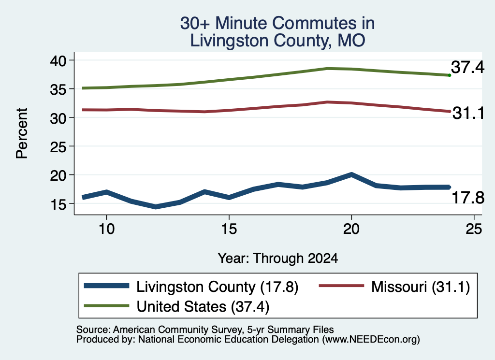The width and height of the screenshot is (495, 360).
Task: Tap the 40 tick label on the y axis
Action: [x=58, y=60]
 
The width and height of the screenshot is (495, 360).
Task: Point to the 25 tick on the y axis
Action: [x=72, y=146]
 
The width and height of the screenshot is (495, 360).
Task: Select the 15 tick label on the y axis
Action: [x=58, y=204]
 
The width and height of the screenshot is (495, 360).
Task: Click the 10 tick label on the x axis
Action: [x=107, y=229]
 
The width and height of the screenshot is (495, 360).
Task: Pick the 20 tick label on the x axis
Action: [x=351, y=229]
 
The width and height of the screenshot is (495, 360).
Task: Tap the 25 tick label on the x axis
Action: [x=474, y=229]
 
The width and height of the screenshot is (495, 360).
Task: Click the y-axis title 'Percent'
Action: [x=22, y=133]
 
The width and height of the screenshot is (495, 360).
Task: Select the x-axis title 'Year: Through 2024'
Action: [x=278, y=258]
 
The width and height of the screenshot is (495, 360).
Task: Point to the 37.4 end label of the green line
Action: [x=467, y=67]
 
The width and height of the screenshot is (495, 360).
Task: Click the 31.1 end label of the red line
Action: [x=468, y=113]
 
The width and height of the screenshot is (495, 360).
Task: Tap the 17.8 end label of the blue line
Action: [x=468, y=198]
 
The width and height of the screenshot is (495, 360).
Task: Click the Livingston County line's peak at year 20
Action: [x=351, y=174]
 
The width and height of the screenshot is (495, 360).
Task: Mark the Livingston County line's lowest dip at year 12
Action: [x=156, y=207]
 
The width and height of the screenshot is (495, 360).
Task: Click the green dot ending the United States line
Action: [x=450, y=75]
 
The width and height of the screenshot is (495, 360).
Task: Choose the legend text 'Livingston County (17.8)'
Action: [x=217, y=287]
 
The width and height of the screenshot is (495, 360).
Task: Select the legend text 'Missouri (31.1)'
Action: [x=421, y=287]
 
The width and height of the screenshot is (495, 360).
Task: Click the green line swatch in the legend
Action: [x=107, y=306]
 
